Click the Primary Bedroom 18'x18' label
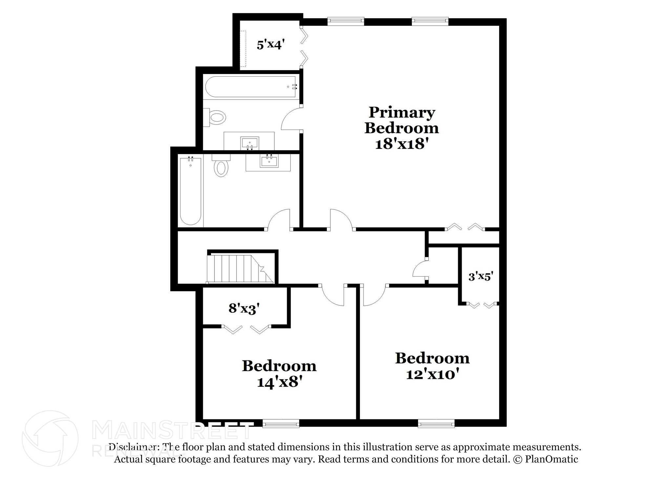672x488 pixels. [x=401, y=128]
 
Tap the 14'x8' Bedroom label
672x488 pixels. [x=279, y=374]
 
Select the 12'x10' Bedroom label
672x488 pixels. [x=432, y=366]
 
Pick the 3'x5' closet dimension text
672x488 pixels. [x=481, y=277]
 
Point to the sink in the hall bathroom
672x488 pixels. [x=269, y=161]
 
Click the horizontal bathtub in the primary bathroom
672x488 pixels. [x=251, y=87]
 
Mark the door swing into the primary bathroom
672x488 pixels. [x=291, y=119]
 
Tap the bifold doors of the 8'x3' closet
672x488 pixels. [x=246, y=329]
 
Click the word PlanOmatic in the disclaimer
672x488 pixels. [x=552, y=459]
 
